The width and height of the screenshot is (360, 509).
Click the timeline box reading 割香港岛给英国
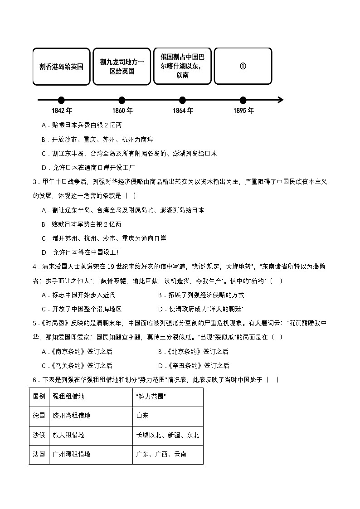[x=61, y=66]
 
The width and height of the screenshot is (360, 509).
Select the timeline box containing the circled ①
[x=243, y=66]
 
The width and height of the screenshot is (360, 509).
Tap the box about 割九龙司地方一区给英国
[x=122, y=66]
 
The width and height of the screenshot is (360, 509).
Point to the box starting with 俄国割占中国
[x=182, y=66]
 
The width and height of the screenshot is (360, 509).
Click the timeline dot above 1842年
[x=61, y=100]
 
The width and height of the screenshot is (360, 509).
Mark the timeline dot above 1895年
[x=243, y=100]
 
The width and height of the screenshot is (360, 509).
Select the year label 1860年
[x=122, y=111]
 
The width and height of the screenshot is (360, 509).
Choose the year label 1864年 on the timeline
[x=183, y=111]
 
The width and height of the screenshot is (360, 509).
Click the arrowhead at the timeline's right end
[x=280, y=100]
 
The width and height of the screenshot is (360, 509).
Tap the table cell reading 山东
[x=142, y=416]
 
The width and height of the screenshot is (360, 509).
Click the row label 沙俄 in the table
[x=39, y=435]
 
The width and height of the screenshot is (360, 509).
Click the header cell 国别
[x=39, y=397]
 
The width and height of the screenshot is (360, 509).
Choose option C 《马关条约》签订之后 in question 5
[x=77, y=366]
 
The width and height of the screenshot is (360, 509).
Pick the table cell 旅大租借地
[x=68, y=435]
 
